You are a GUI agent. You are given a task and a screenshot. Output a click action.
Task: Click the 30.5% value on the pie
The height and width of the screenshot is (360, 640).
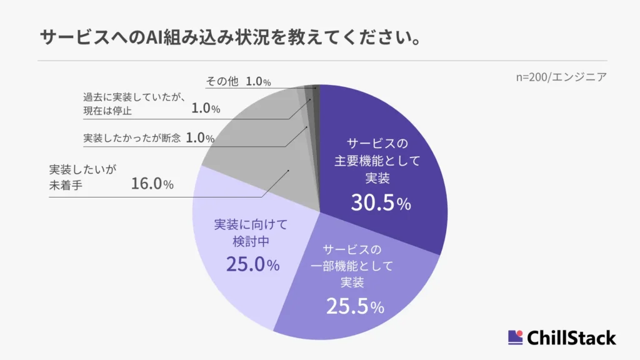tap(380, 203)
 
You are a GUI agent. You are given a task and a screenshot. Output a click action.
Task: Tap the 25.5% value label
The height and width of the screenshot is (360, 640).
tap(354, 306)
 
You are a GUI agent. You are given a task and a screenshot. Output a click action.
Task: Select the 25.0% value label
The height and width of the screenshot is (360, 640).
tap(252, 264)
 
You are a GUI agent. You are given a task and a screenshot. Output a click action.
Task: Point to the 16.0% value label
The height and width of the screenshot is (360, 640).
tap(152, 184)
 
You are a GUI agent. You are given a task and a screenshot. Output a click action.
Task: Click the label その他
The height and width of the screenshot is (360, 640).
tap(222, 82)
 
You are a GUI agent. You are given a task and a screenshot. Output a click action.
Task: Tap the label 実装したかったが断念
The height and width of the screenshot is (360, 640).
tap(132, 138)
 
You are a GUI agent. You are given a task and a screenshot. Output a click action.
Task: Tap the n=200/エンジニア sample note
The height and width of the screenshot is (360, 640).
tap(561, 77)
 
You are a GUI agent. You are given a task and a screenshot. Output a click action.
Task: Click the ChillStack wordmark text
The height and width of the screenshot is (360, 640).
tap(571, 338)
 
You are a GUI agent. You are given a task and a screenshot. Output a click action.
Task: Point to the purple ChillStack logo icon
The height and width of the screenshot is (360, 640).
tap(515, 337)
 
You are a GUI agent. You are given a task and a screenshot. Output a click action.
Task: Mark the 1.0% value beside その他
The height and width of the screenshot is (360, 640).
tap(258, 82)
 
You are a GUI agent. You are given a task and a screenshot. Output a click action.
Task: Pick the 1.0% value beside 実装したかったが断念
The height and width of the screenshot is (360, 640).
tap(200, 138)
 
